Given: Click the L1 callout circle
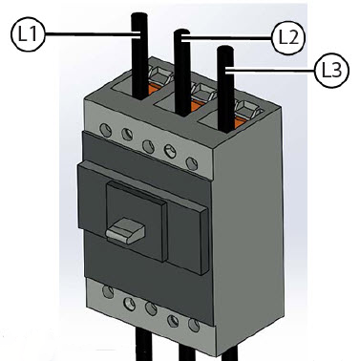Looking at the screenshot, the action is (x=28, y=34).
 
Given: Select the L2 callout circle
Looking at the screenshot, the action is (x=288, y=38).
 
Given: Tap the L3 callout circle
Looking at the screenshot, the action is (x=331, y=71).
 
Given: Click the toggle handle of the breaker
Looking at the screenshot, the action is (x=125, y=230).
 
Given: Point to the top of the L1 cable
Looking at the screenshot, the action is (x=139, y=14).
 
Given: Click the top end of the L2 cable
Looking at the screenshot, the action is (x=181, y=32).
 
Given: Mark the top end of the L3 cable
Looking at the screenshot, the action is (x=225, y=48).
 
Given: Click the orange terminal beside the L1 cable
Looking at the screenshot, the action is (x=152, y=89).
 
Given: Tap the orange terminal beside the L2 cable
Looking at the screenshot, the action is (x=196, y=105).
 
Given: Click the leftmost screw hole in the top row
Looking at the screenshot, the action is (x=105, y=130).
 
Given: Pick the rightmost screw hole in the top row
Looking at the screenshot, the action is (x=191, y=163).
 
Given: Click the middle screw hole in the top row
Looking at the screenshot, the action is (x=148, y=146).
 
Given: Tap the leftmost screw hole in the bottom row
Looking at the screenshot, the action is (x=108, y=291).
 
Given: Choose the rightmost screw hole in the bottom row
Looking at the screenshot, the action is (x=194, y=325).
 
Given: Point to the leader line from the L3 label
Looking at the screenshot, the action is (x=271, y=70).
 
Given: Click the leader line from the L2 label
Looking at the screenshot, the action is (x=226, y=38).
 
